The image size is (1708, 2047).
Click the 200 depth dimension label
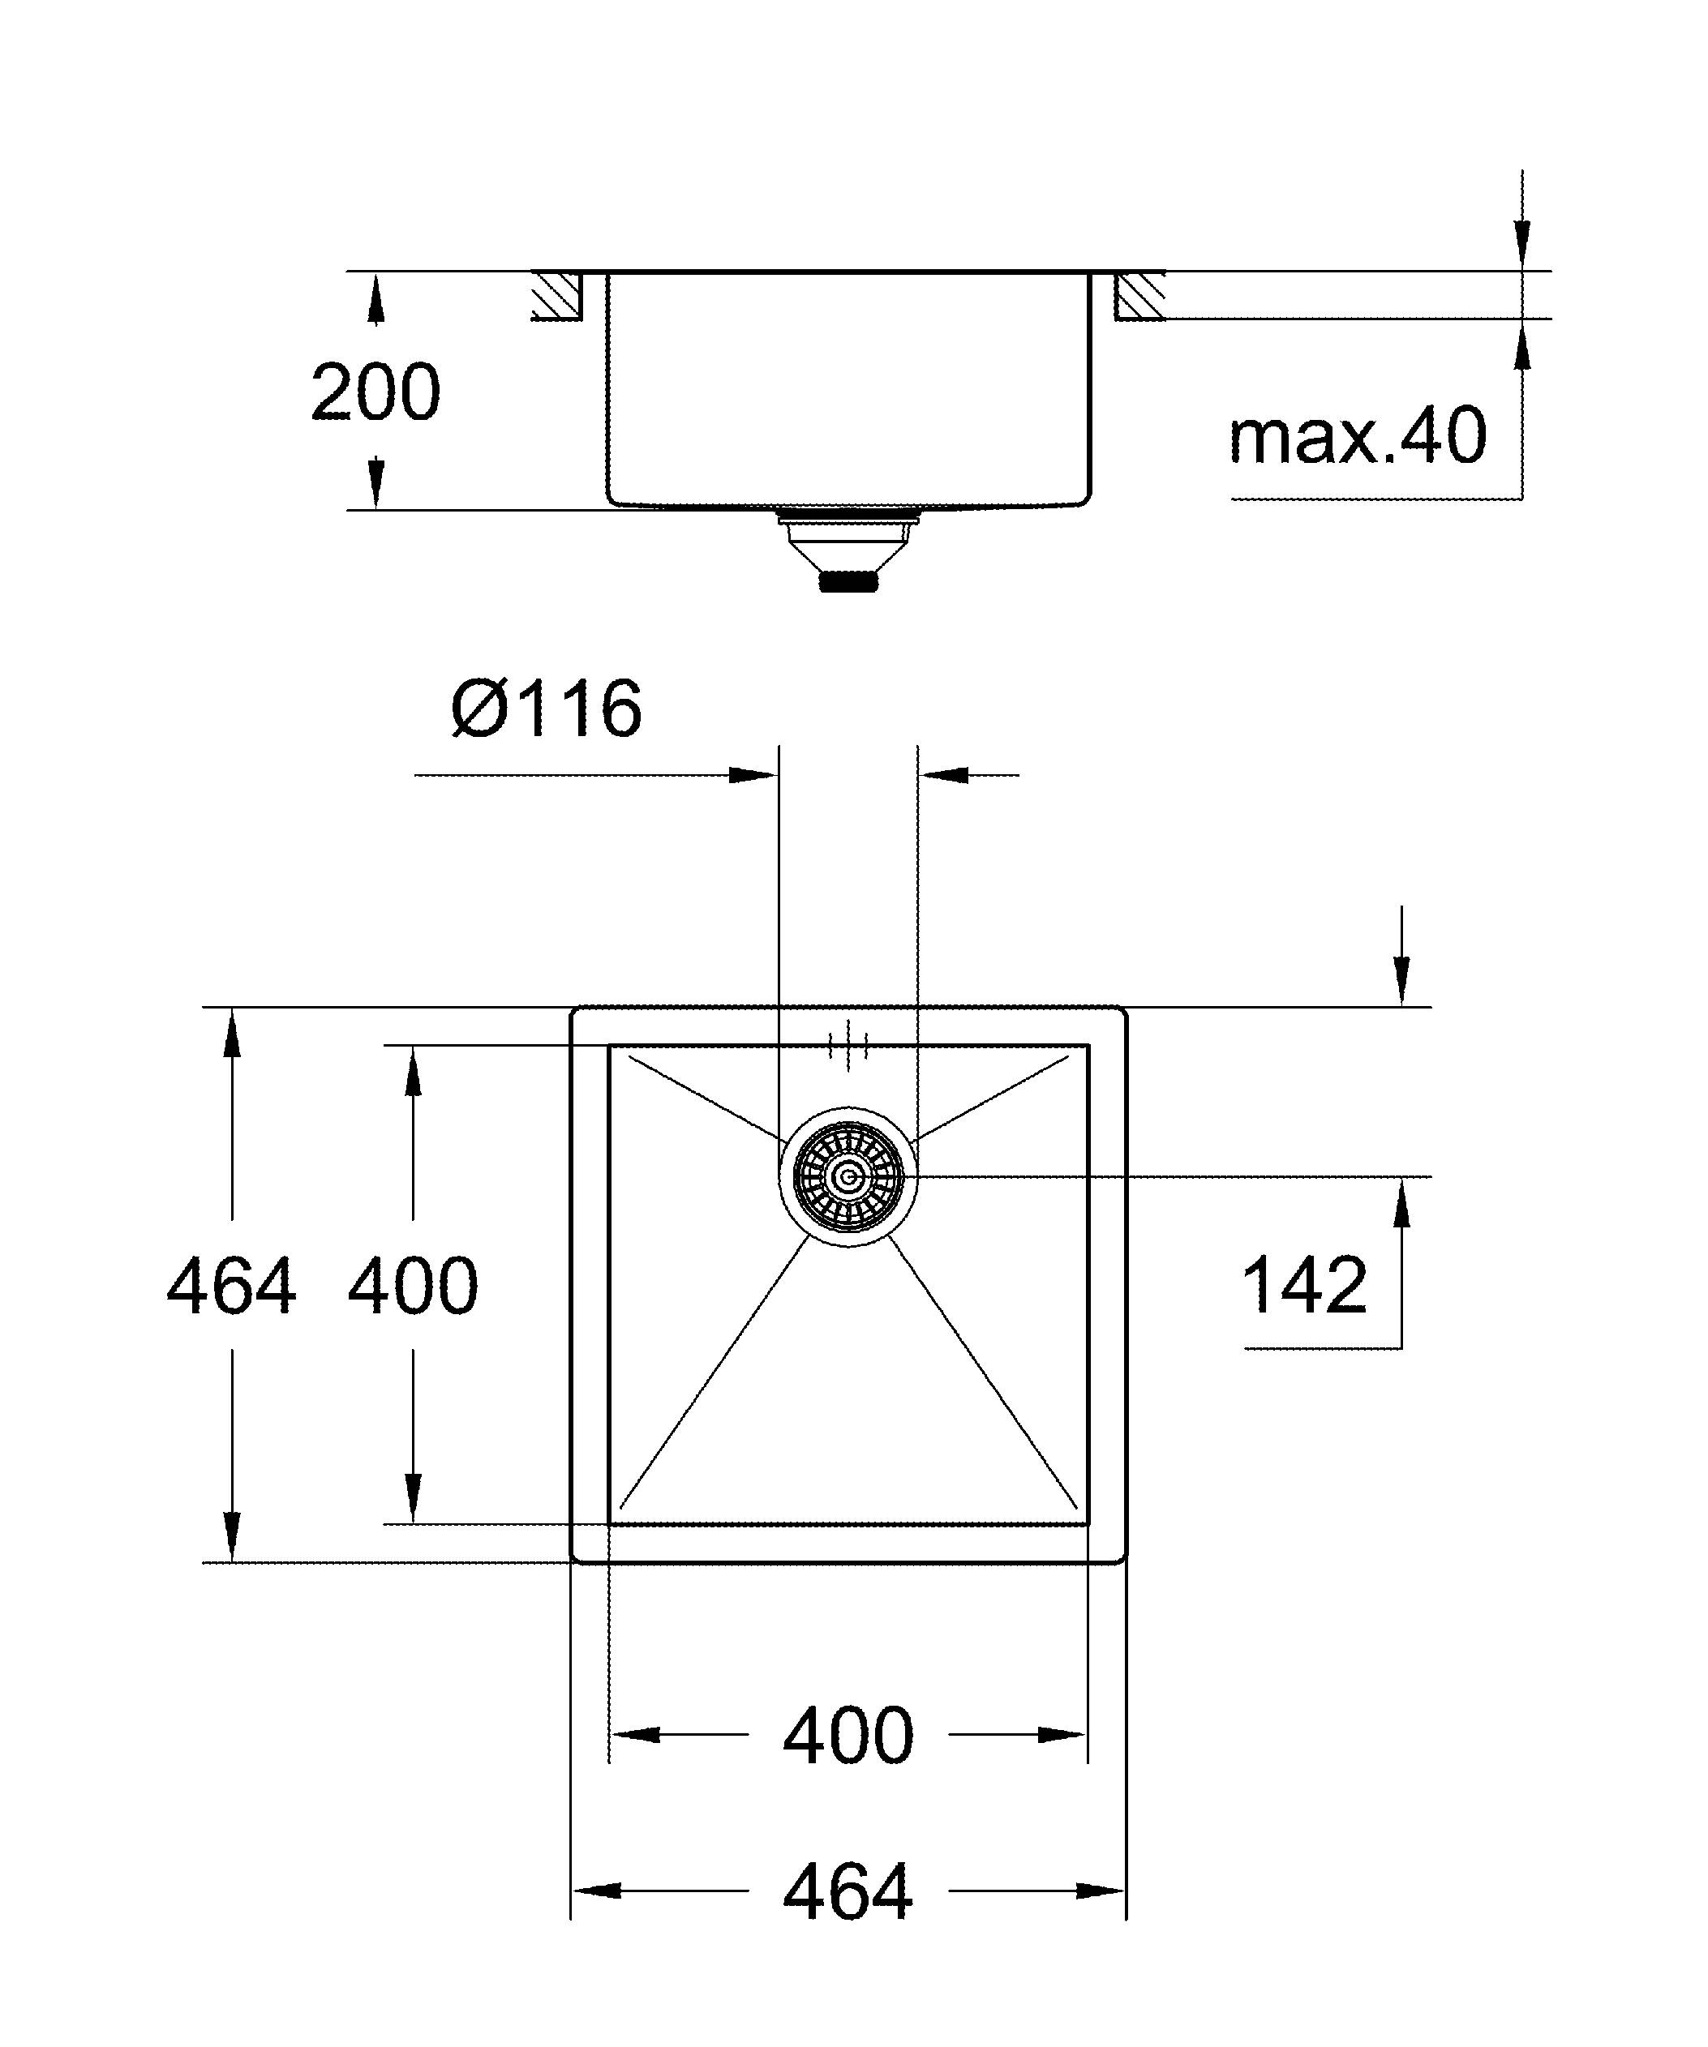(x=376, y=393)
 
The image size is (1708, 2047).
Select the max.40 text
(x=1357, y=437)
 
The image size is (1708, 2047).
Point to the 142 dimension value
(x=1304, y=1286)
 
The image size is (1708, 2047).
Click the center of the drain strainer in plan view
(x=848, y=1177)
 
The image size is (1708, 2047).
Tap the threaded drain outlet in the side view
(x=848, y=582)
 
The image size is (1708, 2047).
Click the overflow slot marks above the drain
(x=848, y=1045)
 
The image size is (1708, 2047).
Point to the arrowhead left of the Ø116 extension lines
(x=753, y=776)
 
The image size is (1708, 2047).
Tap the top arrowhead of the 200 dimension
(x=376, y=298)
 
